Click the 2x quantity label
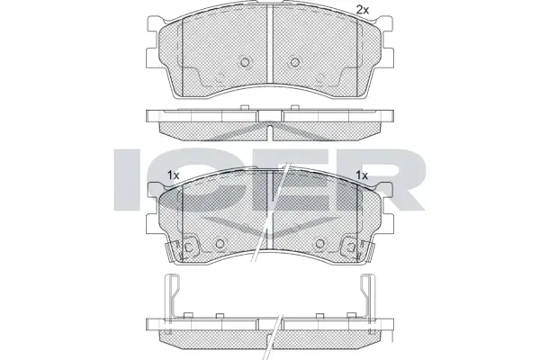[x=362, y=10]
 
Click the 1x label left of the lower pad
[x=174, y=175]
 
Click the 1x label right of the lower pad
[x=362, y=175]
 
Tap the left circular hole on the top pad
[x=245, y=62]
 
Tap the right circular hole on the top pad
[x=295, y=62]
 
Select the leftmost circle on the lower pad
[x=189, y=247]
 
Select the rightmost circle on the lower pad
[x=351, y=247]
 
